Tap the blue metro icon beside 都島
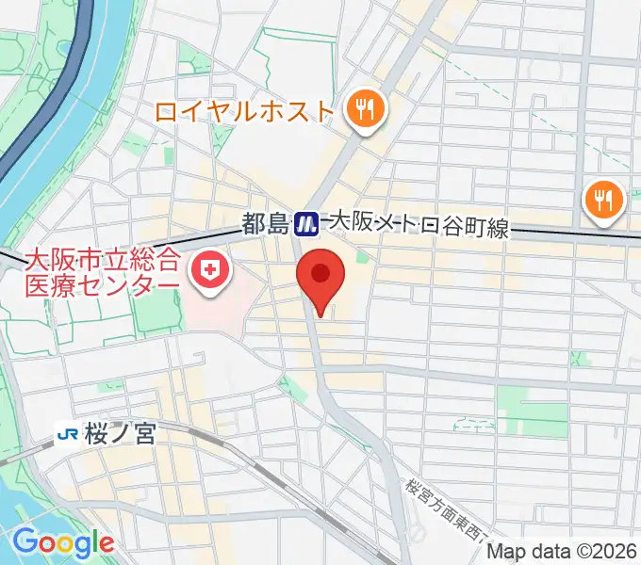305,223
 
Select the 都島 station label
265,224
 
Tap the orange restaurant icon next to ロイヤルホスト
363,111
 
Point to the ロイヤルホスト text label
245,112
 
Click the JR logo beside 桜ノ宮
67,434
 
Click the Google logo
63,541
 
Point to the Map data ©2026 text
563,551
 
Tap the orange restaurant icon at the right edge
600,199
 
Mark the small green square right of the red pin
362,256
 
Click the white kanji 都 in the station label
254,224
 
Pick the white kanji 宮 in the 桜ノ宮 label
144,434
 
